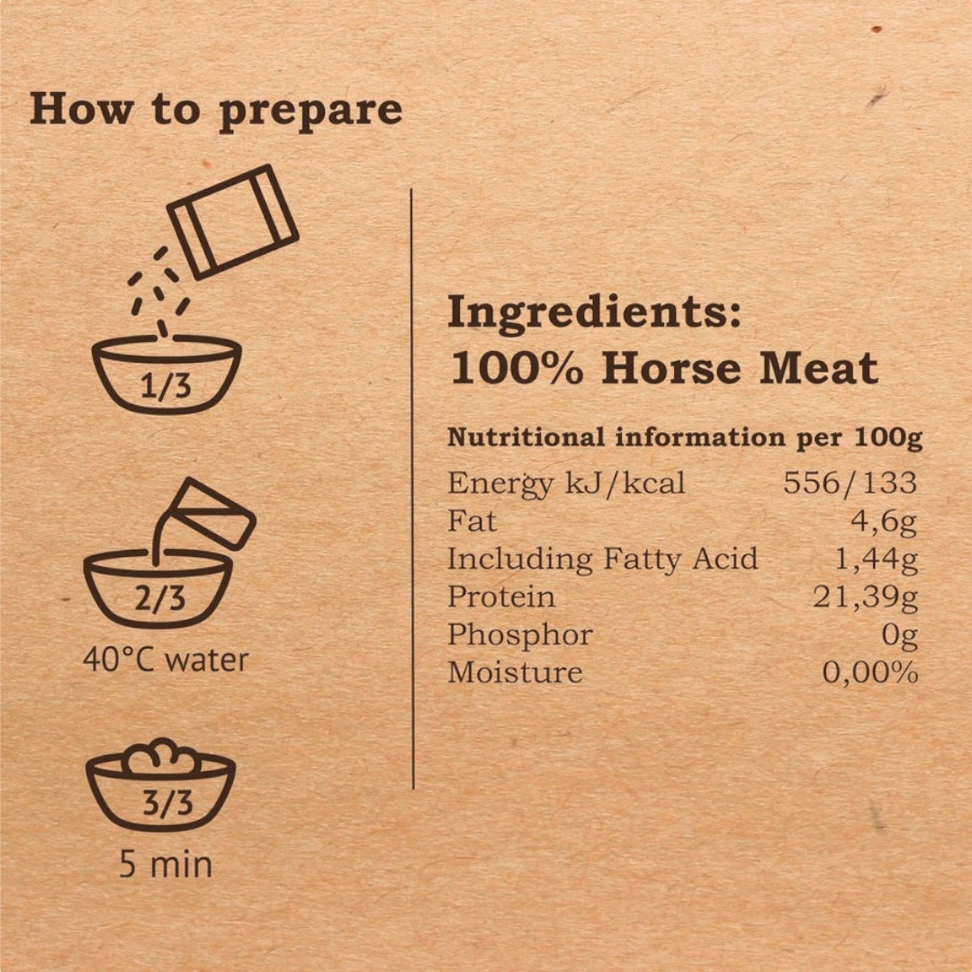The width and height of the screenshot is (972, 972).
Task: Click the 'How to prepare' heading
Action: tap(216, 111)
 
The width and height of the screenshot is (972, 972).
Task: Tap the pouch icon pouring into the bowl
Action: tap(232, 221)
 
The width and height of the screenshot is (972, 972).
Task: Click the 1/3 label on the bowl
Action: tap(166, 386)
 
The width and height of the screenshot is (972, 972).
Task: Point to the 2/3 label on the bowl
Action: tap(160, 598)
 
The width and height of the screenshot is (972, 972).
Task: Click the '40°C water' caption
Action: tap(166, 660)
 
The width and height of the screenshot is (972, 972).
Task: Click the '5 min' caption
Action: tap(166, 864)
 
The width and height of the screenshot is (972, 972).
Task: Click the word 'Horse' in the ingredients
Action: tap(671, 368)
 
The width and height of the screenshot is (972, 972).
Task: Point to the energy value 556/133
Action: tap(850, 482)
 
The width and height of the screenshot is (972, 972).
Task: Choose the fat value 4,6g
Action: tap(884, 522)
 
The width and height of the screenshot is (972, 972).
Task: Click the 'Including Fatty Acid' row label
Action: tap(602, 559)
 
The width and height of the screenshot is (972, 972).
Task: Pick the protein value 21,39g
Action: tap(866, 598)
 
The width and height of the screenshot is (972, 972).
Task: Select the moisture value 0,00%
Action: tap(869, 672)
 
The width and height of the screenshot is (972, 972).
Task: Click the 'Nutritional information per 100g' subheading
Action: tap(685, 437)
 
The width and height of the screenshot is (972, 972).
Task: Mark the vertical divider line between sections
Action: tap(412, 489)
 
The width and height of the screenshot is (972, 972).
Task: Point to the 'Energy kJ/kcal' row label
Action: tap(566, 483)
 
